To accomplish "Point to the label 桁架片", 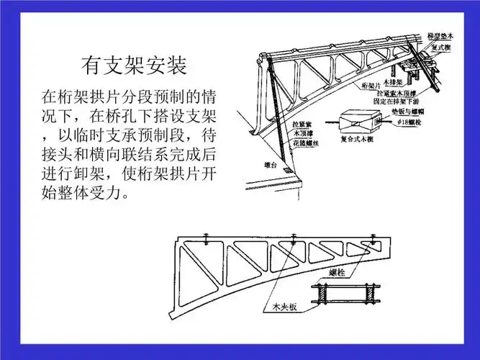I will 371,84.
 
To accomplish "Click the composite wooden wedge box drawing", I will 361,120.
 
